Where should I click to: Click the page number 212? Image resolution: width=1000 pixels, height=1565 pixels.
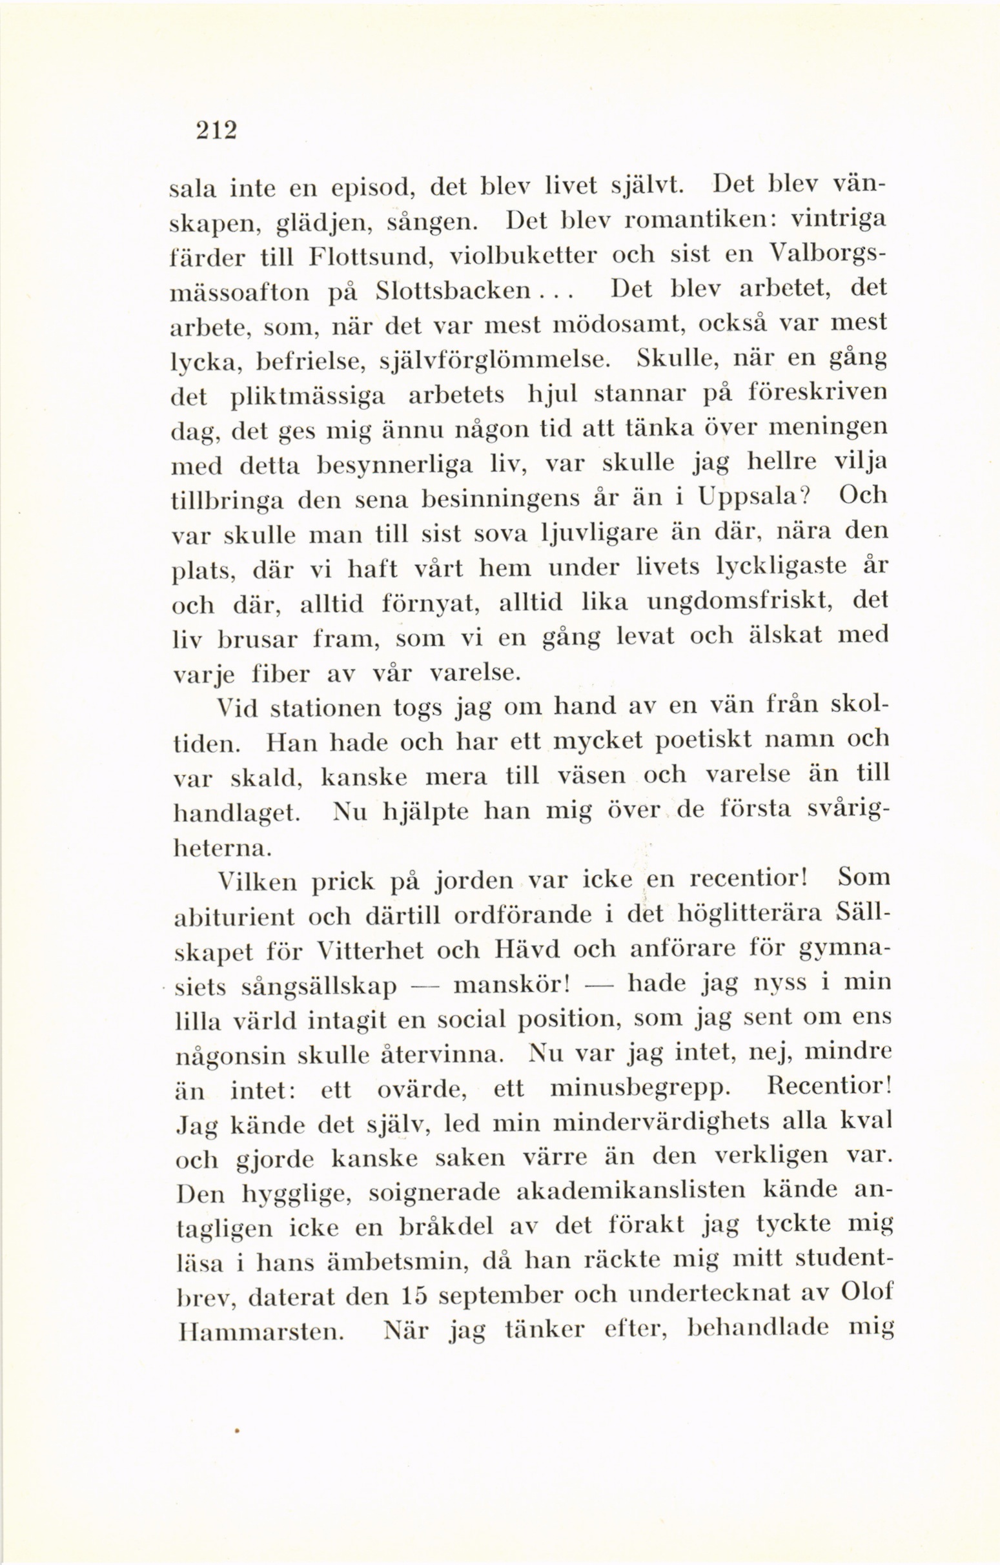click(x=215, y=130)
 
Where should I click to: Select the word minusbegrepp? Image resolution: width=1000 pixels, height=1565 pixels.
click(x=635, y=1088)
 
